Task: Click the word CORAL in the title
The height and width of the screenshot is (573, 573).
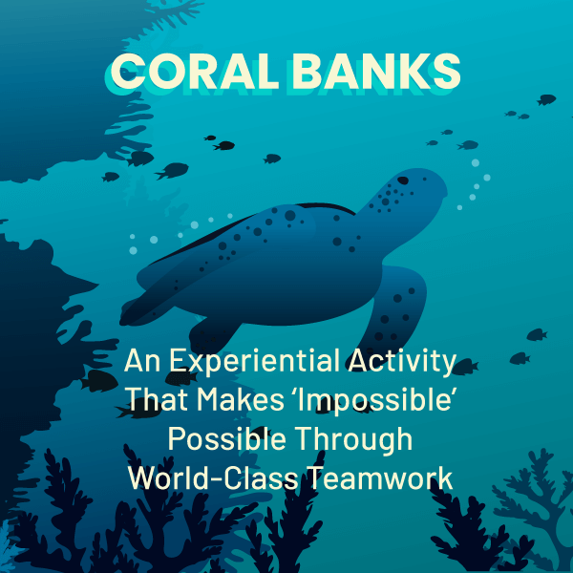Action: (195, 71)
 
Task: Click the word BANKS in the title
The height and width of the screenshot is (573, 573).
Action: (376, 71)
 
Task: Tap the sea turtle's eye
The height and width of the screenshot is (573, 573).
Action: (403, 180)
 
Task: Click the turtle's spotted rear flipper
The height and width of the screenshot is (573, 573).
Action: (394, 310)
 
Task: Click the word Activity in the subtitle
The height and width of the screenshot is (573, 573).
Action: (402, 362)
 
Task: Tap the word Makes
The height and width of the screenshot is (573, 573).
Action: (240, 398)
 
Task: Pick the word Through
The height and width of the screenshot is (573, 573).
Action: (353, 439)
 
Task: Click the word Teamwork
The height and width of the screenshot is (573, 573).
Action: (380, 478)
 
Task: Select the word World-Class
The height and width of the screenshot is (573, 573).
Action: (213, 478)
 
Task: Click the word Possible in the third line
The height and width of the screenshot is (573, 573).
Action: (226, 438)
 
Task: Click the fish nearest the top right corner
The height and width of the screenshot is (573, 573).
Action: (546, 99)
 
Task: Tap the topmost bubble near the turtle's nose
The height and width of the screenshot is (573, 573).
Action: (475, 163)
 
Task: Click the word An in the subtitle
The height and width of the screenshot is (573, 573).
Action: (141, 361)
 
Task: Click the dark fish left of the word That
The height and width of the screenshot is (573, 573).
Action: (98, 381)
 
